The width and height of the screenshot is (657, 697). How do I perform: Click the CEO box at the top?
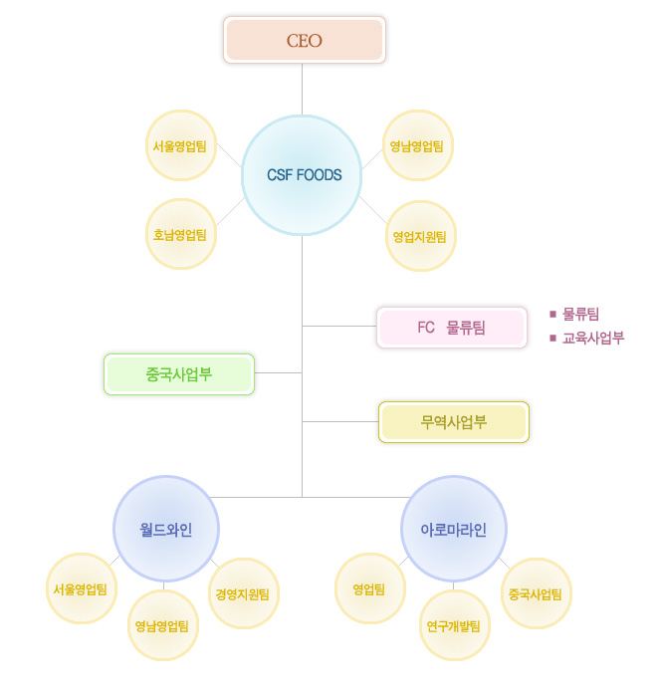[x=304, y=41]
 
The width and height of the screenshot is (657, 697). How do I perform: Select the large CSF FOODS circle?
[x=304, y=175]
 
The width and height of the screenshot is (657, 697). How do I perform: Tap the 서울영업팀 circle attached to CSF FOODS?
[x=180, y=145]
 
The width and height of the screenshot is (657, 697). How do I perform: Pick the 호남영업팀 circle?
[x=180, y=235]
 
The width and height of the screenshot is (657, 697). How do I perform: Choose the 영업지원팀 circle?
[x=421, y=236]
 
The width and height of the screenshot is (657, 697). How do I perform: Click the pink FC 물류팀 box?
[x=452, y=327]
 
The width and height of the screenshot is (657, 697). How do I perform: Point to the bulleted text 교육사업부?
[x=593, y=338]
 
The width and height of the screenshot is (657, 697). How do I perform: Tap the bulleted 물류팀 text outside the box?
[x=580, y=314]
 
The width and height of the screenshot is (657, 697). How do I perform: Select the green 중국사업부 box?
[x=179, y=374]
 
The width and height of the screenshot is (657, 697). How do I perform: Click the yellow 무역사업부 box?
[x=454, y=422]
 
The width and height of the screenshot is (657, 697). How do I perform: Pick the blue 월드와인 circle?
[x=166, y=529]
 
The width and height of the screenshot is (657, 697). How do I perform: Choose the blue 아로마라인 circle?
[x=454, y=529]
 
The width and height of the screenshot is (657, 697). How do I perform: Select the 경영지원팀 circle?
[x=243, y=593]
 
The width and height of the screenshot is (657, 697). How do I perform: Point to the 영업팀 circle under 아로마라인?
[x=370, y=588]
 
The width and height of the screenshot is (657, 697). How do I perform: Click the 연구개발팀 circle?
[x=454, y=625]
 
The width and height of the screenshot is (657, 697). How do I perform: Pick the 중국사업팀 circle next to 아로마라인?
[x=537, y=593]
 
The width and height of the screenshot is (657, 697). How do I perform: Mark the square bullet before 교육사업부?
[x=552, y=338]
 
